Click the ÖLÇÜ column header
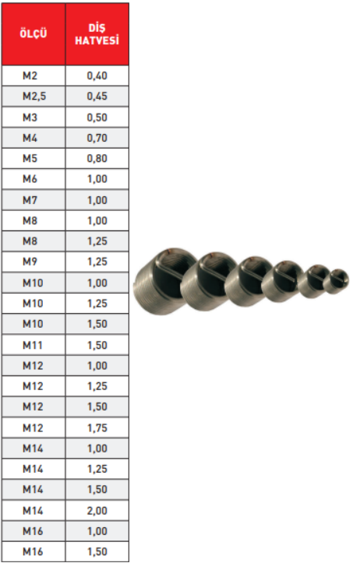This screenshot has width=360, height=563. [x=34, y=33]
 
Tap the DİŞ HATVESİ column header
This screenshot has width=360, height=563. [x=97, y=34]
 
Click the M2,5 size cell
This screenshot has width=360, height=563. [x=34, y=97]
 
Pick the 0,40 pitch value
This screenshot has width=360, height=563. [x=97, y=76]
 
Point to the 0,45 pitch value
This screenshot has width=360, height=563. [x=97, y=97]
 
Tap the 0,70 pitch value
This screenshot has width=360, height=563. [x=97, y=138]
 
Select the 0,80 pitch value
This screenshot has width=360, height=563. [x=97, y=158]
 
